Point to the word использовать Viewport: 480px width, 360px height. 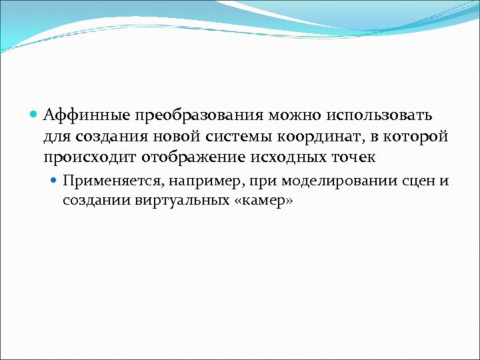[379, 115]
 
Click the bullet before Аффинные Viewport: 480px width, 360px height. [35, 115]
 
